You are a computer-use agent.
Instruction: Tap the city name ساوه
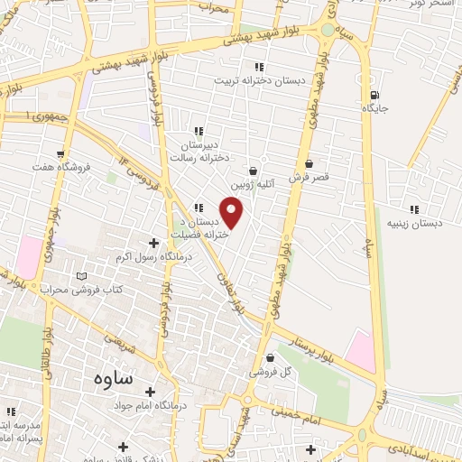click(112, 378)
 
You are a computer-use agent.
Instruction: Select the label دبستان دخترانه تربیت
click(248, 80)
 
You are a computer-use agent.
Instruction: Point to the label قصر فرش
click(310, 178)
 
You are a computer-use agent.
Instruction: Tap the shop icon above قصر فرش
click(310, 164)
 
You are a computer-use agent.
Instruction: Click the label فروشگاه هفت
click(60, 167)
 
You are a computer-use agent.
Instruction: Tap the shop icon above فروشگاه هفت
click(60, 153)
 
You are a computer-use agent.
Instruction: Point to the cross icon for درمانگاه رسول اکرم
click(153, 243)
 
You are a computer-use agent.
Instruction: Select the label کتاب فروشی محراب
click(81, 289)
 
